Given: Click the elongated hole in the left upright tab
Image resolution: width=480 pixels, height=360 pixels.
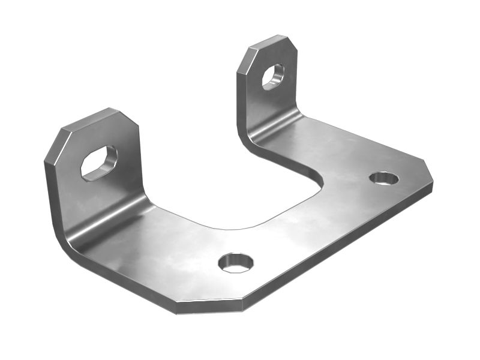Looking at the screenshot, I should click(x=99, y=163).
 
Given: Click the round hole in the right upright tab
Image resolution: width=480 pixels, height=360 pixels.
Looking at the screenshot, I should click(x=274, y=77).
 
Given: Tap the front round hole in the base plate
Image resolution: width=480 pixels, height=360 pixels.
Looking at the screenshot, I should click(x=235, y=263).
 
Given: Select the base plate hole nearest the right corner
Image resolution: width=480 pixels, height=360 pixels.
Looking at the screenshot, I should click(x=384, y=178).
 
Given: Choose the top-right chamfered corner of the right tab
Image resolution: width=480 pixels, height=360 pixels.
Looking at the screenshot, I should click(x=293, y=43).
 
